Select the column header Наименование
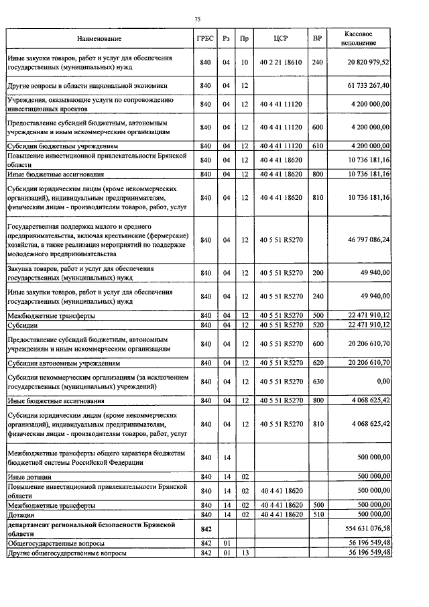(99, 38)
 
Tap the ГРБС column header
(205, 38)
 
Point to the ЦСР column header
(281, 38)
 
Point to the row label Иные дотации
(27, 477)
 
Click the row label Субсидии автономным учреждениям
(64, 363)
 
